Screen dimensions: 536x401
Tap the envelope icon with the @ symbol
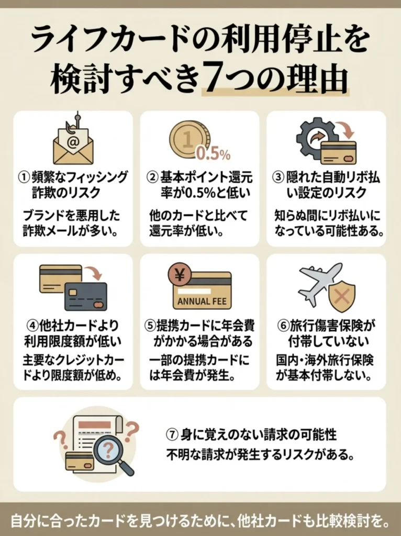point(73,145)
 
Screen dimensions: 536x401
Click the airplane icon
point(317,282)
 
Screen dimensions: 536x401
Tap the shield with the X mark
point(341,295)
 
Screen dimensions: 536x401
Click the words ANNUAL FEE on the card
point(201,301)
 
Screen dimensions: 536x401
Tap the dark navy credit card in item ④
point(86,296)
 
